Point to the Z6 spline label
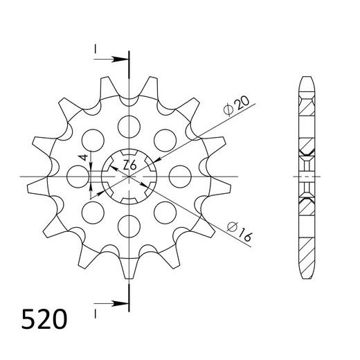(x=129, y=165)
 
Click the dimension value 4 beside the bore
(x=82, y=158)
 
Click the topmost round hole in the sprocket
(x=129, y=125)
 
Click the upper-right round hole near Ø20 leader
(x=164, y=139)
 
